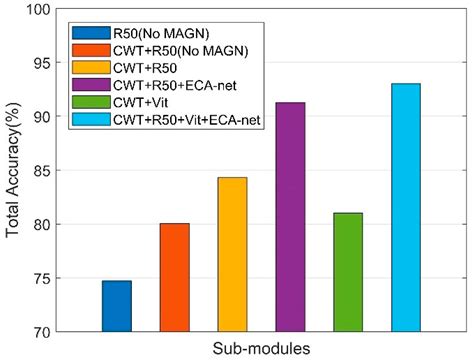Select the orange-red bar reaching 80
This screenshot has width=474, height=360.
(174, 277)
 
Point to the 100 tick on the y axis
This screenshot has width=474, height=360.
(42, 10)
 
